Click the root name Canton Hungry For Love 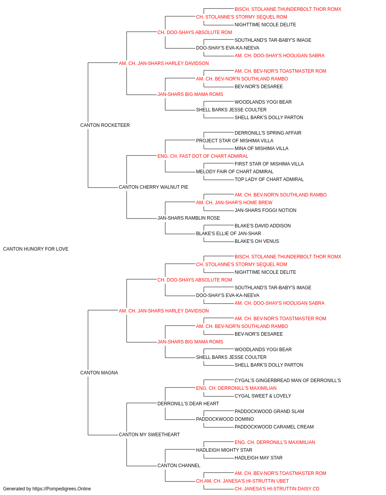coord(36,249)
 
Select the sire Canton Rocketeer coord(105,125)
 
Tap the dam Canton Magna coord(99,373)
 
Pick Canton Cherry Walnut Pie coord(154,187)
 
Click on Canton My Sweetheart coord(149,435)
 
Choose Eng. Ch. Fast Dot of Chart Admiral coord(203,156)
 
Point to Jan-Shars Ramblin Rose coord(189,218)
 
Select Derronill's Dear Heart coord(188,404)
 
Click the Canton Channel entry coord(179,466)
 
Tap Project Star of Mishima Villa coord(235,141)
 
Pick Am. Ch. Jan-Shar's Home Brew coord(234,203)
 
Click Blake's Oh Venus coord(257,241)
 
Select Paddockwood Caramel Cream coord(274,427)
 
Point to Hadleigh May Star coord(259,458)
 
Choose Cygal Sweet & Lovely coord(263,396)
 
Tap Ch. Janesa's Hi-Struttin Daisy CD coord(277,489)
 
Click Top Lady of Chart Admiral coord(269,179)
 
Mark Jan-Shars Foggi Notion coord(266,210)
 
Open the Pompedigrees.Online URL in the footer coord(61,489)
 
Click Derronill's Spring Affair coord(268,133)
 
